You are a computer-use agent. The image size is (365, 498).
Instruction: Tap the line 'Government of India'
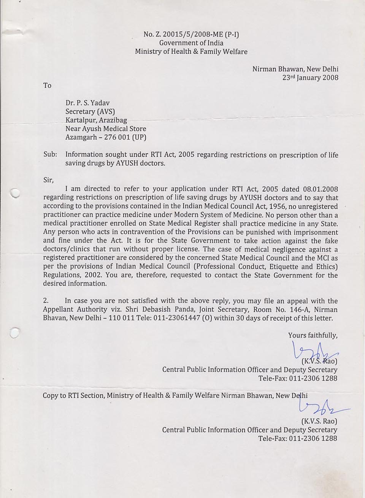191,43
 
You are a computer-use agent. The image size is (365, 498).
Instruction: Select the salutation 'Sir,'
48,180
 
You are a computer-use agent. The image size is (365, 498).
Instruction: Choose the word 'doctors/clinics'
67,249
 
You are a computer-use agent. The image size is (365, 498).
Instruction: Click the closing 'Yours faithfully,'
313,335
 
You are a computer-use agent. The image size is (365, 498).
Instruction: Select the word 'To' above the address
47,86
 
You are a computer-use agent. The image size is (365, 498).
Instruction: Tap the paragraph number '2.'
46,301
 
